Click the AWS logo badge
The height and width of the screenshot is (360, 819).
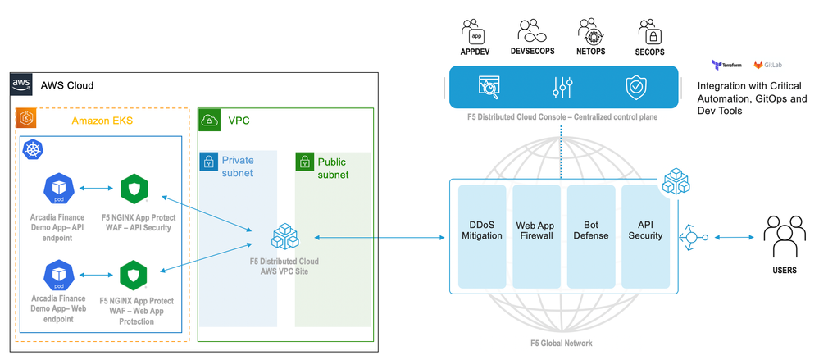tap(21, 84)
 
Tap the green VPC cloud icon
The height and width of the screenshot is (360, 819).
tap(209, 121)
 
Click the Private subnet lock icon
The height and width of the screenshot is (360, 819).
tap(210, 161)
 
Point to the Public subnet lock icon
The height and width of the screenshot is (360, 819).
tap(305, 161)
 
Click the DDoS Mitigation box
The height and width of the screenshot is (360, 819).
tap(482, 229)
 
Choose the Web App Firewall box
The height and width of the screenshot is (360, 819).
tap(536, 229)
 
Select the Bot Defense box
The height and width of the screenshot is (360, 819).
tap(590, 229)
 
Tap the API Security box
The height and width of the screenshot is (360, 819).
tap(644, 229)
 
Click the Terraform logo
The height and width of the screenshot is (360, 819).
tap(726, 64)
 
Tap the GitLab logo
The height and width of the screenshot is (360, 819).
tap(767, 64)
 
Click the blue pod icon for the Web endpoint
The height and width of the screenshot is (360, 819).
tap(59, 275)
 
